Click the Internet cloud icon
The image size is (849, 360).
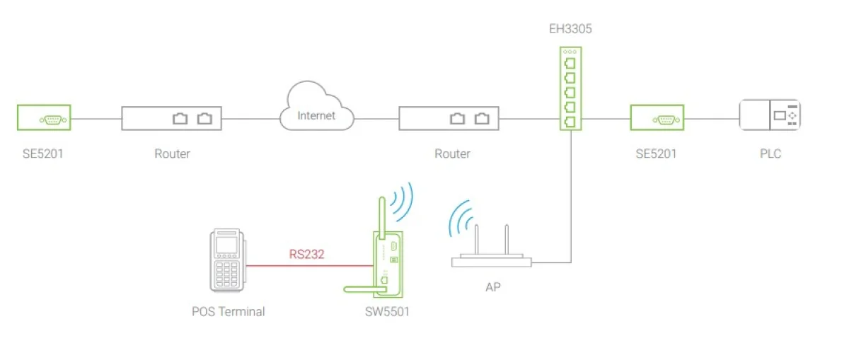[317, 106]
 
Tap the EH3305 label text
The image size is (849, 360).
[570, 29]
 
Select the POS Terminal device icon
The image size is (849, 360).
[227, 260]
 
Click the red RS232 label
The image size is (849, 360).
[306, 254]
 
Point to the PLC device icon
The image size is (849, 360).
[770, 115]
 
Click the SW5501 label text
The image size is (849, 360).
[387, 312]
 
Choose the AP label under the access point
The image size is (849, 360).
[493, 287]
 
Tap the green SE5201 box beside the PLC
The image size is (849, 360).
[657, 117]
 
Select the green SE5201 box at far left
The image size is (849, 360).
[44, 117]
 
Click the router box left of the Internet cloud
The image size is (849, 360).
[172, 119]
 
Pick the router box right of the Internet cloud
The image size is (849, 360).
[449, 119]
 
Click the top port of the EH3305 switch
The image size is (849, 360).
[570, 63]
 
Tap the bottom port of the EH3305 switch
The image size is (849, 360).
[570, 122]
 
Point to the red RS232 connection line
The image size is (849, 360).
[310, 266]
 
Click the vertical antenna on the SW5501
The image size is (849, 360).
[382, 218]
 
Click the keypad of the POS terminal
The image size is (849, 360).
[226, 274]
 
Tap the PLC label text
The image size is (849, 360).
[770, 153]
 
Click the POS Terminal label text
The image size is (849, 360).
[228, 312]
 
